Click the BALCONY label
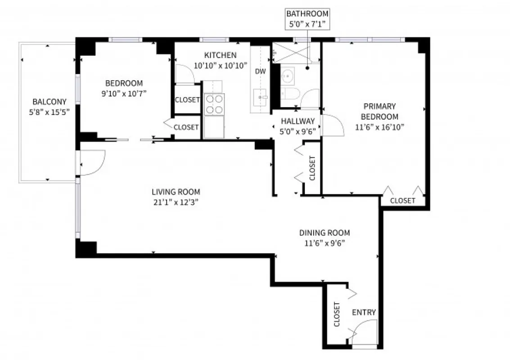pyautogui.click(x=49, y=102)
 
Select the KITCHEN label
pyautogui.click(x=220, y=55)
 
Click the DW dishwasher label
pyautogui.click(x=260, y=71)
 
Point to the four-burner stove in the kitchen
pyautogui.click(x=214, y=104)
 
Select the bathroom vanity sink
pyautogui.click(x=288, y=76)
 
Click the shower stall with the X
pyautogui.click(x=291, y=52)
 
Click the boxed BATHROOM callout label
pyautogui.click(x=307, y=19)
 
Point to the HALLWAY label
pyautogui.click(x=298, y=121)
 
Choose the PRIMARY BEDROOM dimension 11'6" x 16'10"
pyautogui.click(x=379, y=127)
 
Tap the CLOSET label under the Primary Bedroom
pyautogui.click(x=402, y=200)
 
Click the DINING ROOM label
pyautogui.click(x=324, y=233)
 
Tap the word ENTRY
pyautogui.click(x=364, y=312)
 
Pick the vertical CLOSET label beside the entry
pyautogui.click(x=337, y=314)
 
